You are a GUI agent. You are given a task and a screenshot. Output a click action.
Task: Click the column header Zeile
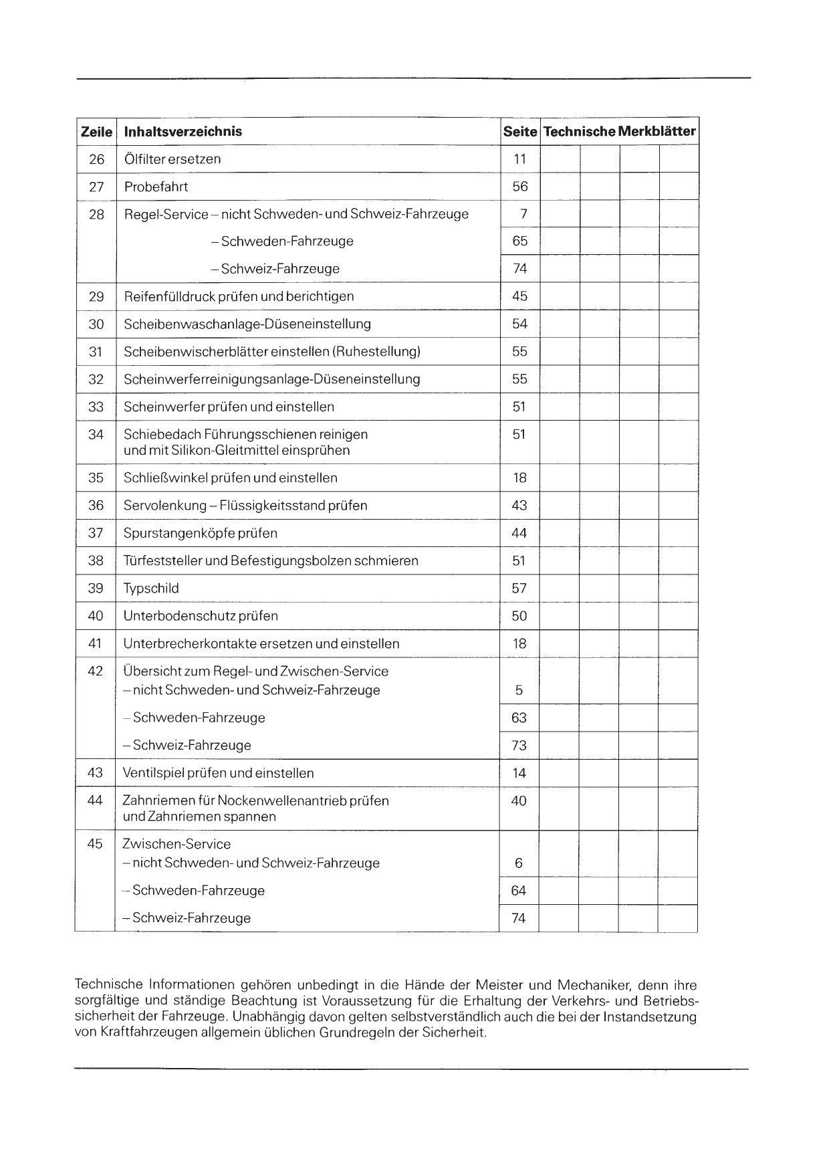pyautogui.click(x=96, y=132)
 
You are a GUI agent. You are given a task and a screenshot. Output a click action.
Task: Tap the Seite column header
pyautogui.click(x=520, y=132)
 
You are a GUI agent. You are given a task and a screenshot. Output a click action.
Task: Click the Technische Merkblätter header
pyautogui.click(x=619, y=131)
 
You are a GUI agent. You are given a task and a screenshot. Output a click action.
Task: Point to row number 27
pyautogui.click(x=96, y=187)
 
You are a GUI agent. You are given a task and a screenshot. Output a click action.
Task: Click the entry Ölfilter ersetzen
pyautogui.click(x=172, y=159)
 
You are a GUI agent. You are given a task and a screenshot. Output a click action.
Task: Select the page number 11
pyautogui.click(x=520, y=159)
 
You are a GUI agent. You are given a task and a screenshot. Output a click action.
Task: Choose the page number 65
pyautogui.click(x=520, y=241)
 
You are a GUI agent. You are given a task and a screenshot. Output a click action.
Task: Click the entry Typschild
pyautogui.click(x=151, y=589)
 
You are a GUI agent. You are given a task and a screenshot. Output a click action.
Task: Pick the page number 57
pyautogui.click(x=519, y=589)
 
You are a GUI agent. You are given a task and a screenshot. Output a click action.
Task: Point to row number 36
pyautogui.click(x=96, y=506)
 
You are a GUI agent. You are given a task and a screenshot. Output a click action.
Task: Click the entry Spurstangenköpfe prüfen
pyautogui.click(x=200, y=534)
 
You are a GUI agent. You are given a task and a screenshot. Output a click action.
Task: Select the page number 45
pyautogui.click(x=520, y=296)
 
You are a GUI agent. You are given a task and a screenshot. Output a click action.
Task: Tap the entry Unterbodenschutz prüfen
pyautogui.click(x=201, y=616)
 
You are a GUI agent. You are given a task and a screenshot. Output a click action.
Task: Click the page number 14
pyautogui.click(x=519, y=773)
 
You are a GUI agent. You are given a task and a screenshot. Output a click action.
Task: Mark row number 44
pyautogui.click(x=95, y=801)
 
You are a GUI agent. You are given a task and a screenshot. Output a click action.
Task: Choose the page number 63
pyautogui.click(x=519, y=718)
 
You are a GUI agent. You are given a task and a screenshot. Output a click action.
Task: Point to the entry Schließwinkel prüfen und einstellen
pyautogui.click(x=230, y=478)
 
